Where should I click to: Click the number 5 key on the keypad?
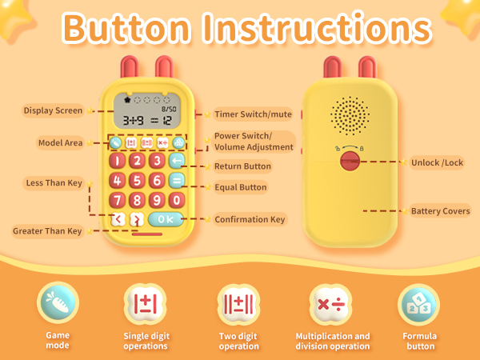click(137, 181)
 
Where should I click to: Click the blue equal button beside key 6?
click(177, 181)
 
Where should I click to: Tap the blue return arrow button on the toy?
click(177, 162)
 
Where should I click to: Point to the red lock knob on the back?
click(348, 162)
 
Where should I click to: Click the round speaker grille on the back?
click(348, 116)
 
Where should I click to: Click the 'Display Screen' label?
click(54, 110)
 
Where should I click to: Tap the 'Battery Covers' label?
click(440, 211)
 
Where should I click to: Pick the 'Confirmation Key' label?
click(250, 219)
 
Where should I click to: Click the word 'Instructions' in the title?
click(318, 29)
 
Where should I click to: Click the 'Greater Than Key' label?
click(46, 231)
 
